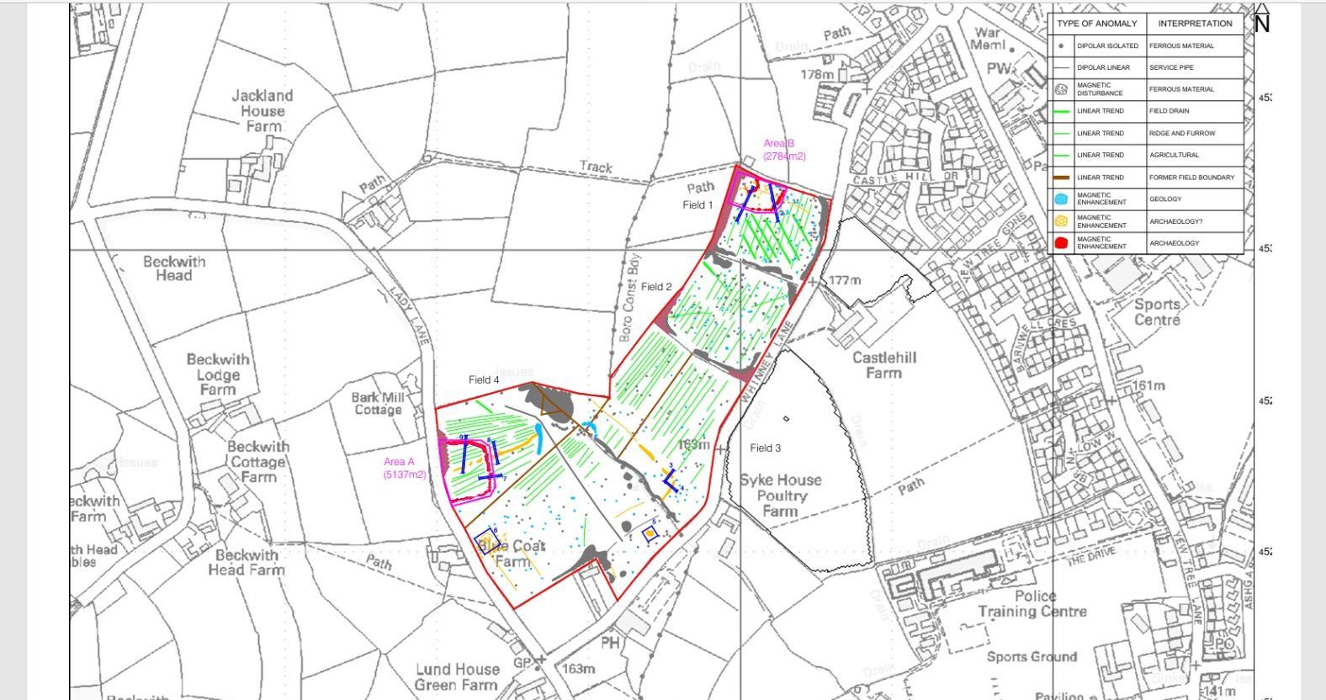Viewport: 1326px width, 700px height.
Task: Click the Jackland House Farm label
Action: (262, 110)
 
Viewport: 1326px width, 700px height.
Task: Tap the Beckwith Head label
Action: (173, 268)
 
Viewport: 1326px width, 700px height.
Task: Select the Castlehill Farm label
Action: (883, 364)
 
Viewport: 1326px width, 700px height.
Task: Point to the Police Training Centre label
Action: (1032, 603)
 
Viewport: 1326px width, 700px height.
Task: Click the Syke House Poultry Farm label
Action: (780, 495)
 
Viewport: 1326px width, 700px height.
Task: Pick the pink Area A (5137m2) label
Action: (403, 468)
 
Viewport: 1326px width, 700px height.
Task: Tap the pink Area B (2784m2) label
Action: (783, 150)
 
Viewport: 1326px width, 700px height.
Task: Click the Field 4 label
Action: (484, 379)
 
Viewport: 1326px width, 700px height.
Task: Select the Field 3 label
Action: (765, 448)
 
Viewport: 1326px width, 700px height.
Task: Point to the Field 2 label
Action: (656, 287)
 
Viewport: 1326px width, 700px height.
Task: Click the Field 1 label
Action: (697, 204)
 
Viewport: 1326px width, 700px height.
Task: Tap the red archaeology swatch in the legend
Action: (1061, 243)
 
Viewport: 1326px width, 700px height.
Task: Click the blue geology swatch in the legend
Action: (1061, 199)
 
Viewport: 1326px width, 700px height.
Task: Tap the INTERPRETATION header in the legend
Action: (1195, 24)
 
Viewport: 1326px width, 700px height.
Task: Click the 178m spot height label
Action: (817, 74)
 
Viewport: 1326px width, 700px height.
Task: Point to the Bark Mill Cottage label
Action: (378, 403)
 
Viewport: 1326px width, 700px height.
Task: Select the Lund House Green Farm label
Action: (457, 676)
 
